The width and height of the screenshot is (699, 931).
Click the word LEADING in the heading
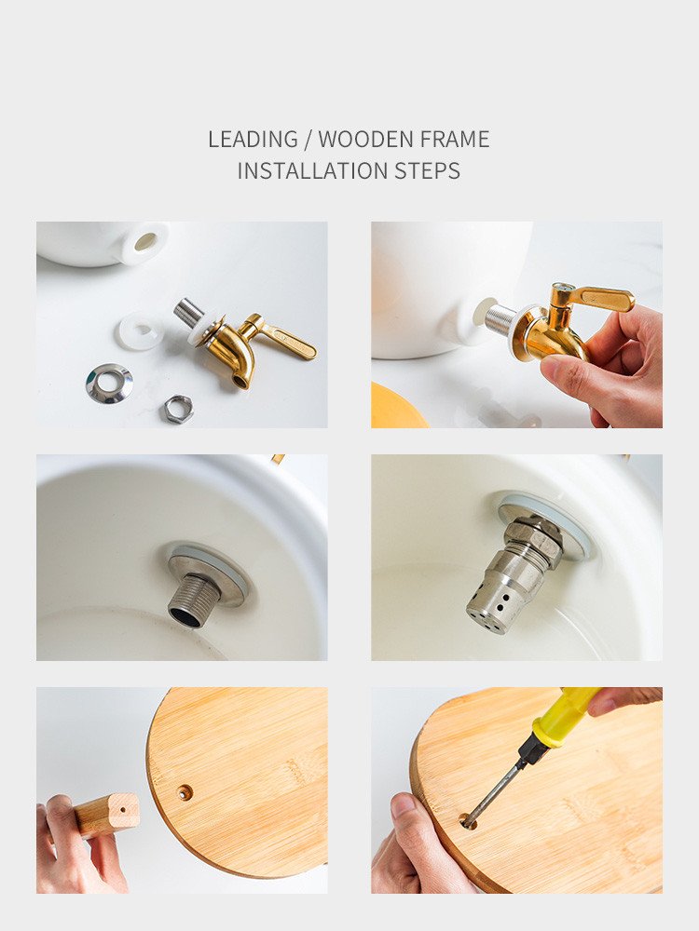(x=253, y=140)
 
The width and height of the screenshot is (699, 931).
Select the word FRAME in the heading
(x=455, y=140)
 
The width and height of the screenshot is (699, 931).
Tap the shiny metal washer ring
(x=109, y=385)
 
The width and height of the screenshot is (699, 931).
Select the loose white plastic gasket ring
(x=140, y=331)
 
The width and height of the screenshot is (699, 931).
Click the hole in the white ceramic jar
(x=145, y=242)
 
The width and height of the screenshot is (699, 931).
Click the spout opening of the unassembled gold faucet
(x=240, y=381)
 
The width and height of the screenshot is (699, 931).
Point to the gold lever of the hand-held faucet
(x=600, y=298)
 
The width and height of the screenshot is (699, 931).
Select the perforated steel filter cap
(x=497, y=598)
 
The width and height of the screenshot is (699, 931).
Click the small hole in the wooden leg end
(x=122, y=809)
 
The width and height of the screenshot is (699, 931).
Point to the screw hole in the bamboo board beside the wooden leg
(x=185, y=791)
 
